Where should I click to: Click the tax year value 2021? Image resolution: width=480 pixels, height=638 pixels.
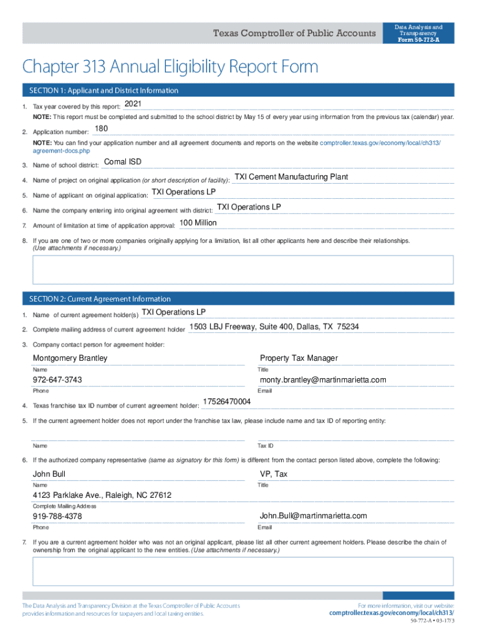pos(133,103)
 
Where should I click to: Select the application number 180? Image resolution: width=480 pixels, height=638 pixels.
pos(101,129)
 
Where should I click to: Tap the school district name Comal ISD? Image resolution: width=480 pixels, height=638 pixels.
pos(122,162)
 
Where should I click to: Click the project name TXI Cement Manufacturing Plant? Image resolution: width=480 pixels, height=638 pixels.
pos(290,177)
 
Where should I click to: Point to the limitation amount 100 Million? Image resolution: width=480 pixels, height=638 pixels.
pos(198,222)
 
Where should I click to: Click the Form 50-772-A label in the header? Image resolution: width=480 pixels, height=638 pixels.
pos(418,40)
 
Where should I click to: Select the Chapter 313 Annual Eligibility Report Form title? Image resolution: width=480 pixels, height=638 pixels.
pos(170,67)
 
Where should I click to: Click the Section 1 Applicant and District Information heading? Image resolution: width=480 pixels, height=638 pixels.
pos(100,90)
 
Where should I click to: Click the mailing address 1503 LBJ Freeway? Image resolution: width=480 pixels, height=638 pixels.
pos(274,326)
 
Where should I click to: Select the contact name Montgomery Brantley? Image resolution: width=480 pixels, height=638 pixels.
pos(70,358)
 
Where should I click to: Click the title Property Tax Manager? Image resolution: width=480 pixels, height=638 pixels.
pos(299,358)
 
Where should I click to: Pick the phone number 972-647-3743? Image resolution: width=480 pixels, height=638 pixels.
pos(57,380)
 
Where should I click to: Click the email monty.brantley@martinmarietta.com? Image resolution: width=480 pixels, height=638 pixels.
pos(323,380)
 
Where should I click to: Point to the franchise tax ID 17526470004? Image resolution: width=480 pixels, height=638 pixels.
pos(228,402)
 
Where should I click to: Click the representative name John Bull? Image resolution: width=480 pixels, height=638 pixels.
pos(49,474)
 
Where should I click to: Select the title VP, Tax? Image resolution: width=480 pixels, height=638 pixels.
pos(274,474)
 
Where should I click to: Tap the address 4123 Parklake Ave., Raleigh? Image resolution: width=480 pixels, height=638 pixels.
pos(102,495)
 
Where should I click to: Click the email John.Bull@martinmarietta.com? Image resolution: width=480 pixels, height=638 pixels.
pos(313,516)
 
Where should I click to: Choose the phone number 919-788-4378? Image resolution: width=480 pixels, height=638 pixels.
pos(57,517)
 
